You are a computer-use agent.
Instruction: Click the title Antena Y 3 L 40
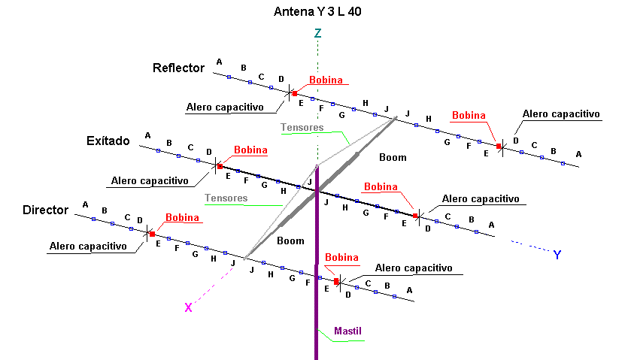317,13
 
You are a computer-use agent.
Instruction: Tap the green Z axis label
318,33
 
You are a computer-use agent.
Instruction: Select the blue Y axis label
557,255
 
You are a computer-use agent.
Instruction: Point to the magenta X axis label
188,307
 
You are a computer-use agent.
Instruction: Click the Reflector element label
178,68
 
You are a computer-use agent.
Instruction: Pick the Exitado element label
108,141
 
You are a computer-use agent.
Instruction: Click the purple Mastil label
348,330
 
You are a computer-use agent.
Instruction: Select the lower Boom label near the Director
290,241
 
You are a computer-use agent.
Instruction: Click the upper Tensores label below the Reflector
302,128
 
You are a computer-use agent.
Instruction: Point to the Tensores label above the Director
226,198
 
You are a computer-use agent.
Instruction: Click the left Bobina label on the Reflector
326,80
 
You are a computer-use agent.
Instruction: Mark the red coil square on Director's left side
152,234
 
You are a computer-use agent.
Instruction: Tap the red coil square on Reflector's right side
498,146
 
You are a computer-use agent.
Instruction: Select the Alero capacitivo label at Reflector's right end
561,114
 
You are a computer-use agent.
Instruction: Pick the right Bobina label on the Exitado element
380,186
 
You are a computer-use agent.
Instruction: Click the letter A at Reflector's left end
220,62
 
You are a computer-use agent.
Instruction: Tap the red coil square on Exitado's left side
220,165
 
